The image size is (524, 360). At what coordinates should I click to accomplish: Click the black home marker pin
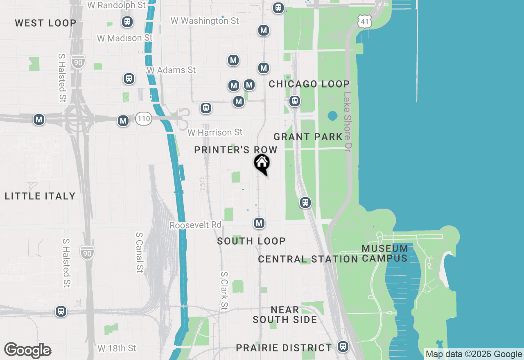pyautogui.click(x=262, y=164)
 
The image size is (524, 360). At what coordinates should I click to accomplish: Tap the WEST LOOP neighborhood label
pyautogui.click(x=45, y=23)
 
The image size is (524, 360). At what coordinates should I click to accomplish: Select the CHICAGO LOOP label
pyautogui.click(x=309, y=84)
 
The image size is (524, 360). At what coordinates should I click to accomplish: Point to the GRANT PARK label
pyautogui.click(x=308, y=137)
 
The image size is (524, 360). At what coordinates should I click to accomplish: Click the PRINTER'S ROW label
pyautogui.click(x=236, y=150)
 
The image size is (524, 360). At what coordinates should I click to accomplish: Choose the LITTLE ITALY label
pyautogui.click(x=40, y=196)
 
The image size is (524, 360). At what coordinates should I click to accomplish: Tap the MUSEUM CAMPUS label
pyautogui.click(x=385, y=253)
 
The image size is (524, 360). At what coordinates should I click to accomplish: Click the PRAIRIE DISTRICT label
pyautogui.click(x=284, y=348)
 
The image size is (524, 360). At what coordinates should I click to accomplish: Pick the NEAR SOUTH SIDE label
pyautogui.click(x=285, y=315)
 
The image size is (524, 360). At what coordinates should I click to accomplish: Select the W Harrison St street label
pyautogui.click(x=215, y=133)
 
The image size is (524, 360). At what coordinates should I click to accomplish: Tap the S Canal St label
pyautogui.click(x=140, y=252)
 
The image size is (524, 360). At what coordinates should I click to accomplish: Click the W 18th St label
pyautogui.click(x=117, y=349)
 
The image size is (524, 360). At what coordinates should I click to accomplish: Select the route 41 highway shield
pyautogui.click(x=364, y=22)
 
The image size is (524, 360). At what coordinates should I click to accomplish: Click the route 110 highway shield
pyautogui.click(x=144, y=119)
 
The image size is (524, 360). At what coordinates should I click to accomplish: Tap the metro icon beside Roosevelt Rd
pyautogui.click(x=259, y=223)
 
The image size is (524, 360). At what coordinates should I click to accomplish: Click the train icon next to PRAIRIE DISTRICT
pyautogui.click(x=343, y=346)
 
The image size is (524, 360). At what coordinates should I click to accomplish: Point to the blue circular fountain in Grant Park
pyautogui.click(x=332, y=116)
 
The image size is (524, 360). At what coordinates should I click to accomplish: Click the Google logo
pyautogui.click(x=28, y=351)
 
